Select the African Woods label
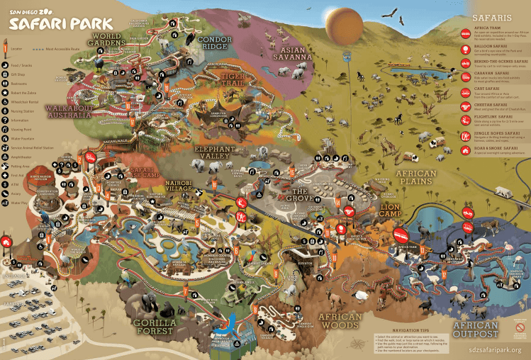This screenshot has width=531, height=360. pos(340,320)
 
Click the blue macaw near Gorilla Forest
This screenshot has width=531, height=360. pos(231,327)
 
